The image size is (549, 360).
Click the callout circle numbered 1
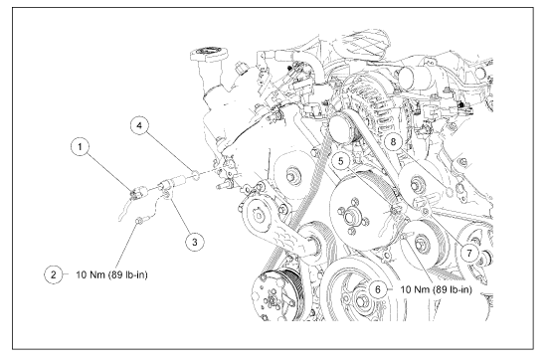click(x=81, y=146)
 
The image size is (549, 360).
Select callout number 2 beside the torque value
click(x=54, y=274)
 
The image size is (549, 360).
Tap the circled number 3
click(x=195, y=242)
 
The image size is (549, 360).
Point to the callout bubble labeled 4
click(x=139, y=125)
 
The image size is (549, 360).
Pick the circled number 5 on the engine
click(x=341, y=161)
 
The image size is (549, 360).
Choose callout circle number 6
click(x=378, y=289)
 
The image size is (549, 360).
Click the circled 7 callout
click(x=469, y=253)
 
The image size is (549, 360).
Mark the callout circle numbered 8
click(x=393, y=142)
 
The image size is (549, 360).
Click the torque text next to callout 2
click(x=111, y=274)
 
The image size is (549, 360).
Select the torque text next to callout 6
click(x=436, y=289)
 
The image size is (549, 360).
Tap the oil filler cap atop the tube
click(x=209, y=54)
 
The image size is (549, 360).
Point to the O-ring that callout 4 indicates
click(x=196, y=174)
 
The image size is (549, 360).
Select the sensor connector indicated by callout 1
click(x=135, y=193)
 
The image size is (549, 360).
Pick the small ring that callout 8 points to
click(x=450, y=192)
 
